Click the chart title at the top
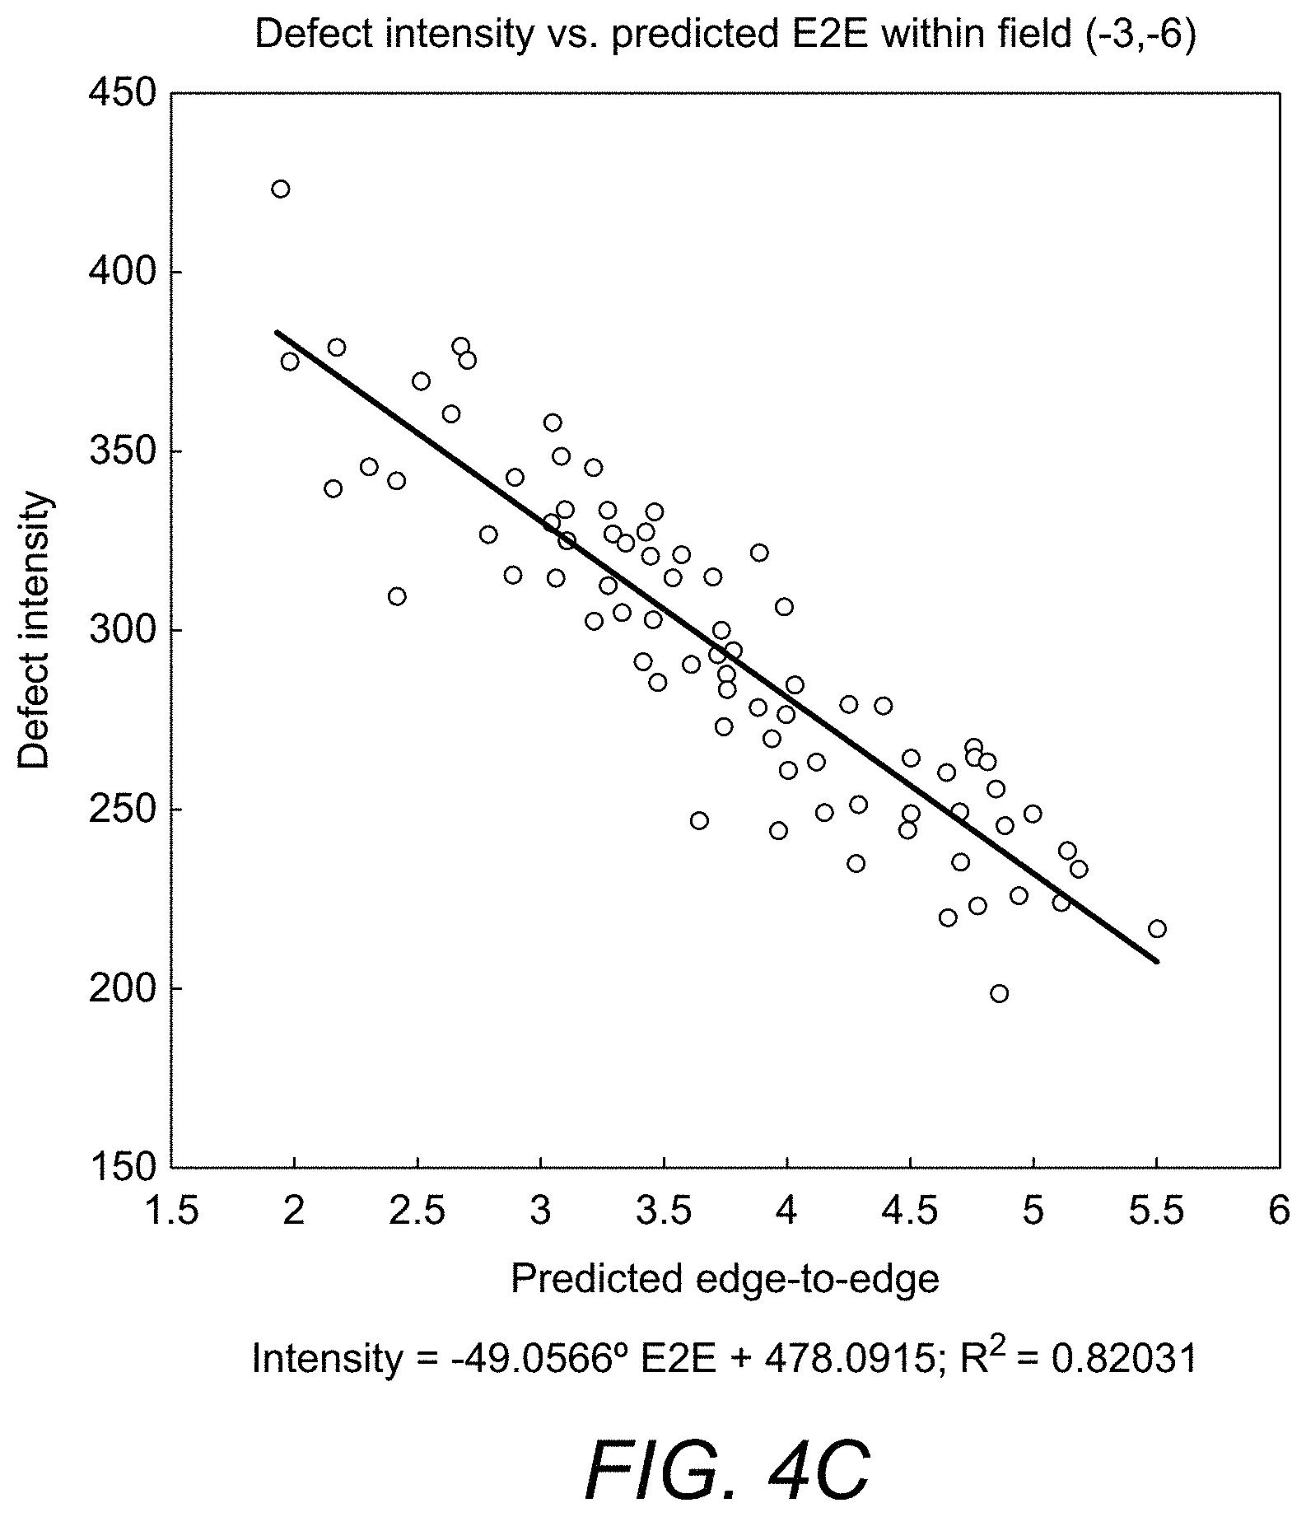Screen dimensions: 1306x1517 (x=725, y=37)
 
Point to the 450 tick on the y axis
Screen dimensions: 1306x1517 (x=123, y=93)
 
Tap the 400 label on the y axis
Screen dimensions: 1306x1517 (x=123, y=272)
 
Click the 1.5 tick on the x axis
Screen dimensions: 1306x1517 (x=171, y=1211)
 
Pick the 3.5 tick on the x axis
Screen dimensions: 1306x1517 (x=664, y=1211)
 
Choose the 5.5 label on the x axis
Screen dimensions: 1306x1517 (x=1156, y=1211)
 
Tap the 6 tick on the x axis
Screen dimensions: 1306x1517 (x=1278, y=1211)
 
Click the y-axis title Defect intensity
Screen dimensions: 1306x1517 (x=35, y=630)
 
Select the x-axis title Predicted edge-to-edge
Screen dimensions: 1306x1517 (x=725, y=1278)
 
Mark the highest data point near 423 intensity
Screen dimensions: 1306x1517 (x=281, y=189)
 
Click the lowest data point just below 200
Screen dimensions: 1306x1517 (x=999, y=993)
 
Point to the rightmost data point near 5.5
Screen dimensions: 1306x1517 (x=1157, y=929)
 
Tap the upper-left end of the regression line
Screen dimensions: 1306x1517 (x=277, y=331)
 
